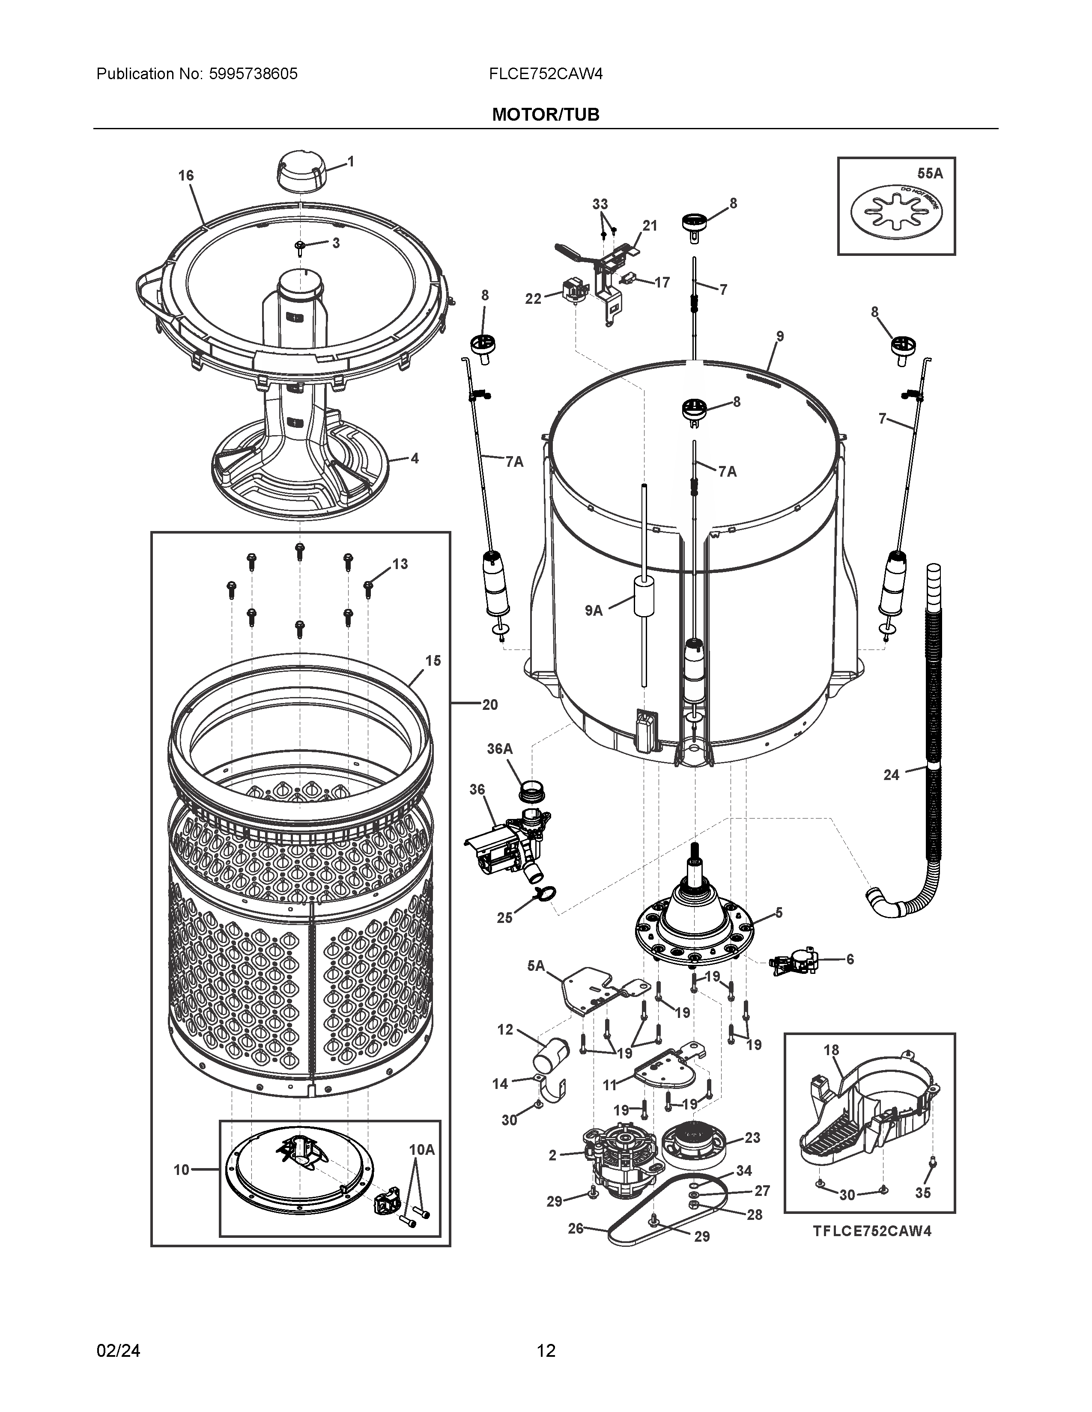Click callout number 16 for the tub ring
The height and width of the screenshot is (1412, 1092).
click(186, 175)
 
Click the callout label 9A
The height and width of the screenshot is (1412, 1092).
click(593, 610)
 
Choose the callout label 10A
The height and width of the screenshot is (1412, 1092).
click(421, 1150)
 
